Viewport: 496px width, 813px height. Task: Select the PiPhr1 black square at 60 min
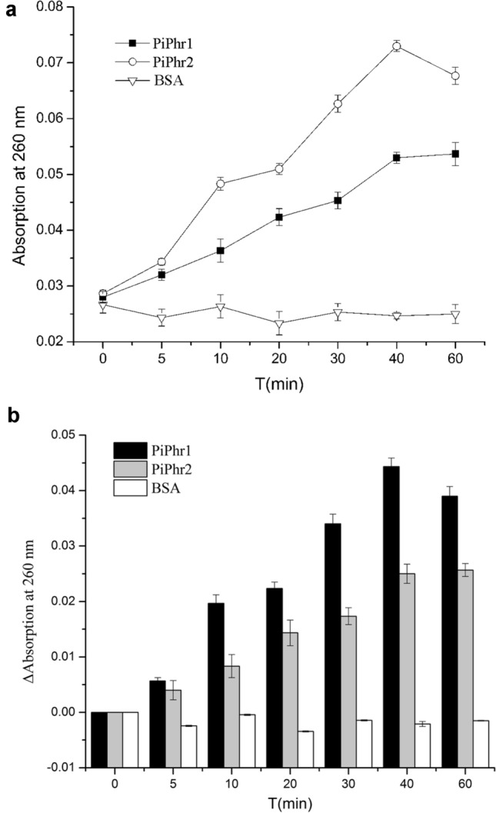[x=455, y=154]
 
